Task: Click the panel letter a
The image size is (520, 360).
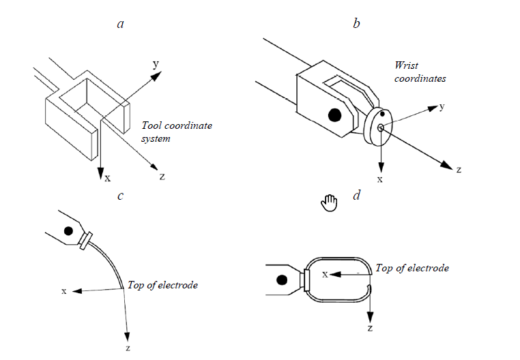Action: pos(121,25)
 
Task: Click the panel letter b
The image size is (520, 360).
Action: pos(356,25)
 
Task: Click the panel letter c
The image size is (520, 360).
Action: pos(120,196)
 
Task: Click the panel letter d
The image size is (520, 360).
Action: pos(356,196)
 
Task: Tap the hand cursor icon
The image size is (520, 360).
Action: pos(330,202)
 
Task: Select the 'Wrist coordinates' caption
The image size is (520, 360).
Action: pos(420,72)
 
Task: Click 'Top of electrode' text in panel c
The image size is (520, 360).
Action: pos(162,285)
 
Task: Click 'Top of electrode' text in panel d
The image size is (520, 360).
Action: pos(412,268)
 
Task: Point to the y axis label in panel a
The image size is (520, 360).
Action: pos(156,63)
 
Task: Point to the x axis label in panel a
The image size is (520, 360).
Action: pos(107,178)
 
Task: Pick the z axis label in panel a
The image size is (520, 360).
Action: pos(162,177)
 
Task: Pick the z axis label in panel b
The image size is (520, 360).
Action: pos(459,169)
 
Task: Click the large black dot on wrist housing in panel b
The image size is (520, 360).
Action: pos(334,116)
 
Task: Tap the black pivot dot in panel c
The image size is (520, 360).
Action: pos(68,231)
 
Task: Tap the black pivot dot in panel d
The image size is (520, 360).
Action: pos(280,279)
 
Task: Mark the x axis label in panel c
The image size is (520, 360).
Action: pos(64,291)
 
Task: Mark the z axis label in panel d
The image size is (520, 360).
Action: pos(370,328)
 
